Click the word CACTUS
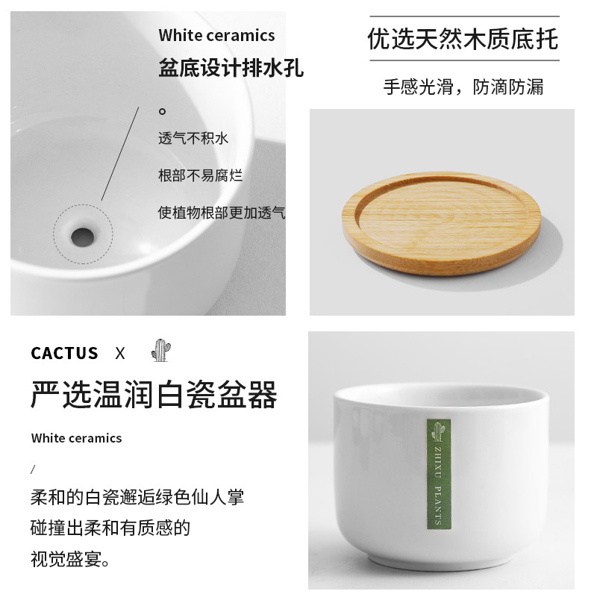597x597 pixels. (64, 353)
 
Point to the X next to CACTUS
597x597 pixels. (120, 353)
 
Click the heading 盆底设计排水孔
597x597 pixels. (231, 69)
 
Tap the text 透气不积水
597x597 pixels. (193, 138)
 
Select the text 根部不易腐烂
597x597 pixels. (200, 175)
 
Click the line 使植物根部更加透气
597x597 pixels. (222, 212)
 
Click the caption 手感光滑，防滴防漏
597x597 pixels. (463, 87)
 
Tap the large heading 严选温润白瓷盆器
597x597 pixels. (154, 395)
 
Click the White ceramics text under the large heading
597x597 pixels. (76, 438)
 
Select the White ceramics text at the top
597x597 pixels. (216, 35)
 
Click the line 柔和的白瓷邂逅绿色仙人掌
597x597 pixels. (137, 497)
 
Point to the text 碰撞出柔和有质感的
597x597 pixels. (110, 528)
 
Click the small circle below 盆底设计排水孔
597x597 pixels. (162, 111)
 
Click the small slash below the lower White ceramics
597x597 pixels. (33, 469)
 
